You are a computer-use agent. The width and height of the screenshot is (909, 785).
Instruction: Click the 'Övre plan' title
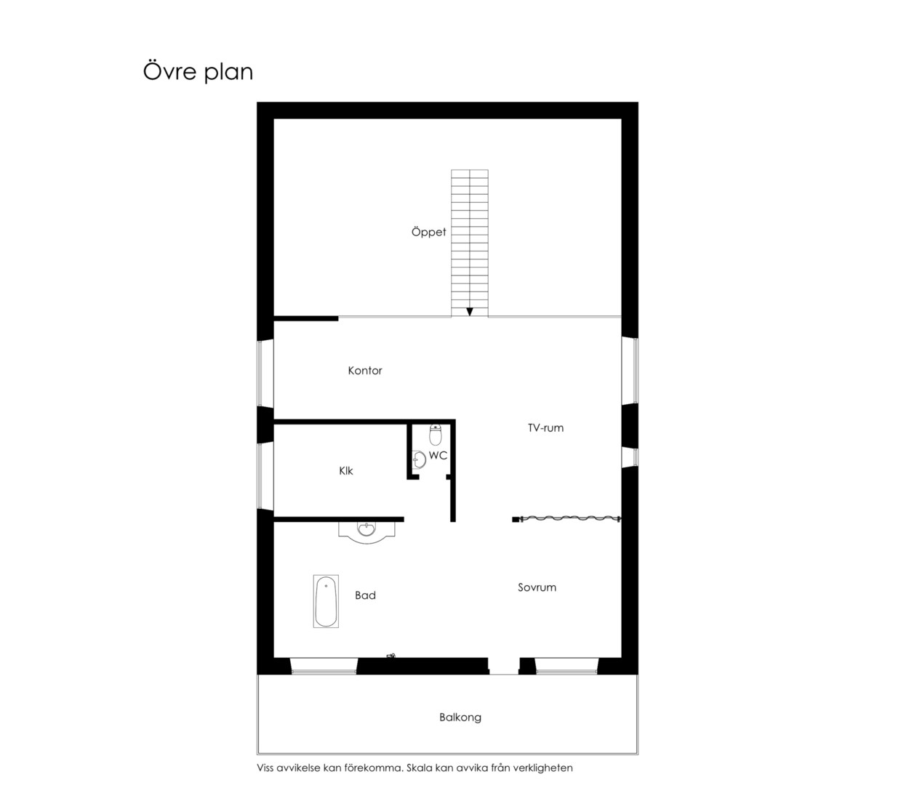(198, 71)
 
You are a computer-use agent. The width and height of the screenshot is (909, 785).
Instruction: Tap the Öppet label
(428, 232)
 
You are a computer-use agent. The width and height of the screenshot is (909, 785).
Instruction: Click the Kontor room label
(365, 371)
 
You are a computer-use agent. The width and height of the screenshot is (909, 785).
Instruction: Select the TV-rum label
(545, 427)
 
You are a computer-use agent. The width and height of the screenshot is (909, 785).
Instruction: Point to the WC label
(438, 455)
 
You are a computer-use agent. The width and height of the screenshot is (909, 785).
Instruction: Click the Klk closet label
(346, 471)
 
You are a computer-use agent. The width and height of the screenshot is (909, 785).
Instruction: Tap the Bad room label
(366, 595)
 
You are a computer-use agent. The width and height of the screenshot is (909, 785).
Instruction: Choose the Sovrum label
(537, 587)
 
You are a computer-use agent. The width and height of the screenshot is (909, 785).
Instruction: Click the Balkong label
(460, 717)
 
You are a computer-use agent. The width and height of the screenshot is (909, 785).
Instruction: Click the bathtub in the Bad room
(326, 601)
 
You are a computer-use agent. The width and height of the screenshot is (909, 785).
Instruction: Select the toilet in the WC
(436, 435)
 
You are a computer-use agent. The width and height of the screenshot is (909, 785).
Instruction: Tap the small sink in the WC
(419, 460)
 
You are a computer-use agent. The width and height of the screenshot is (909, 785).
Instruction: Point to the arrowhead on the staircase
(470, 312)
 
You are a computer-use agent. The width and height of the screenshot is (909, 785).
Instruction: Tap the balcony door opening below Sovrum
(504, 667)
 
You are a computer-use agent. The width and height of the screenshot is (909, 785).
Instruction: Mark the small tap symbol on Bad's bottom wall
(391, 656)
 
